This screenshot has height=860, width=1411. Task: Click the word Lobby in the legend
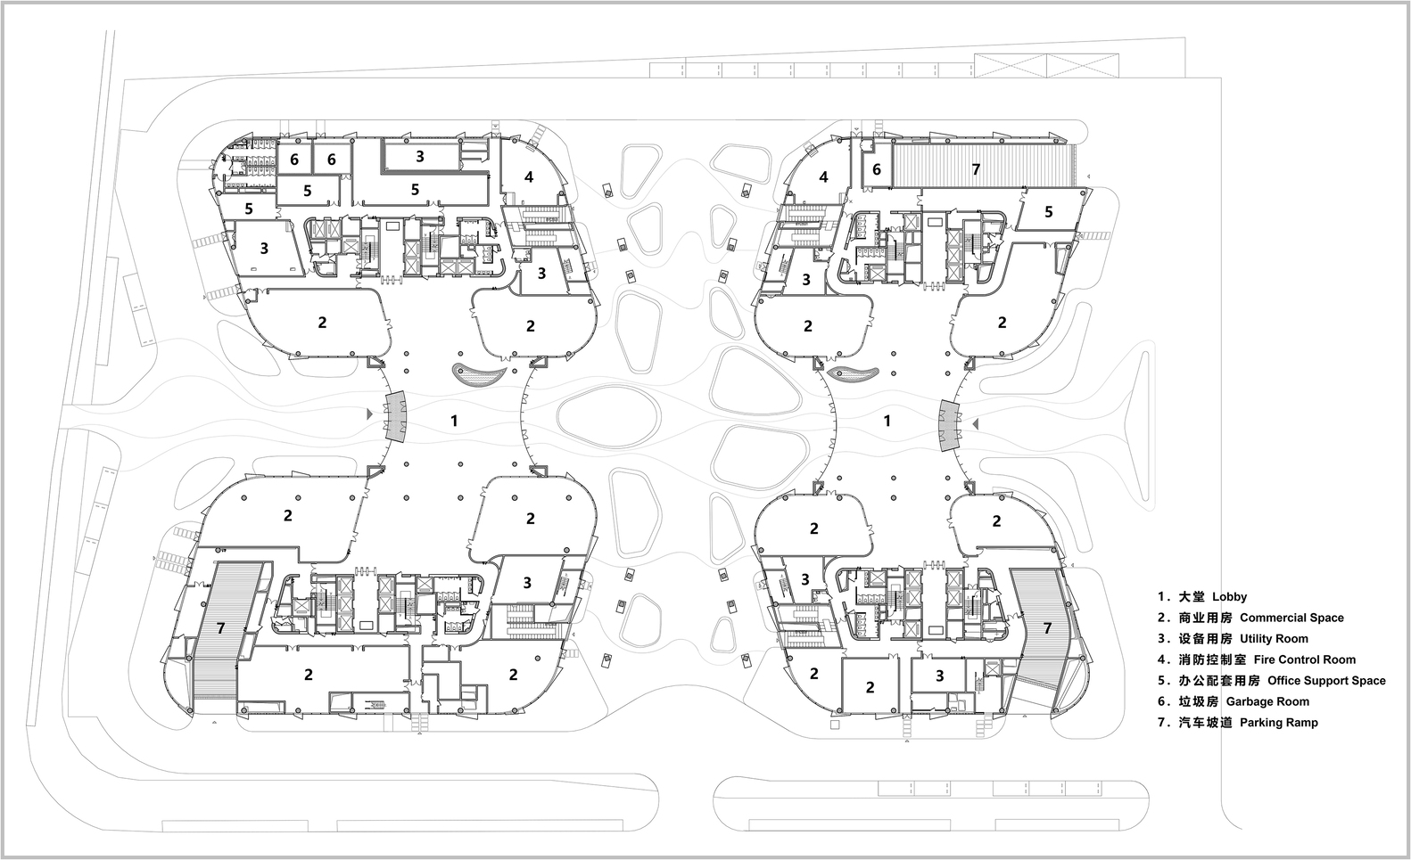click(x=1230, y=597)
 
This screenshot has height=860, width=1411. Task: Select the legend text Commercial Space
click(x=1292, y=618)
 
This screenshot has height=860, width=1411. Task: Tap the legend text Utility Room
click(x=1275, y=638)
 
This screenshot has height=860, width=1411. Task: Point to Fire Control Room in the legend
click(x=1305, y=659)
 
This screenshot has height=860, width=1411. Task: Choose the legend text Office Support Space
click(x=1326, y=681)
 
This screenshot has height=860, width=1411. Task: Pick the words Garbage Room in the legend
click(x=1267, y=701)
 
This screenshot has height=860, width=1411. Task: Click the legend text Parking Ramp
click(x=1279, y=722)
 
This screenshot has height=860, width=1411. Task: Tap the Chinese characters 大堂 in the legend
click(x=1192, y=597)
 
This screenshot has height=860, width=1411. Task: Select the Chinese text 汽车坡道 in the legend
click(x=1205, y=722)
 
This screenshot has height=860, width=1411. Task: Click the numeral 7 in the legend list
click(x=1161, y=722)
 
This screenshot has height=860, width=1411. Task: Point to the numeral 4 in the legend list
click(x=1161, y=659)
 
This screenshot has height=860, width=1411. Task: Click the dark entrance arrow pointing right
click(x=370, y=414)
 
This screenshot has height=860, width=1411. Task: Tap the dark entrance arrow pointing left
click(x=976, y=425)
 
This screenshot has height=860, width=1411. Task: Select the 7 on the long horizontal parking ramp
click(x=976, y=168)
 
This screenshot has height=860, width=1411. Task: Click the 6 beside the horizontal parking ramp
click(x=876, y=170)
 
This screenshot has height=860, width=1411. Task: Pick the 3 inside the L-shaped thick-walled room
click(x=419, y=156)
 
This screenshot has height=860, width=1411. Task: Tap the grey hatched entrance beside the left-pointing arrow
click(x=949, y=425)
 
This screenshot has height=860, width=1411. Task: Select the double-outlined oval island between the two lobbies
click(x=610, y=418)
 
